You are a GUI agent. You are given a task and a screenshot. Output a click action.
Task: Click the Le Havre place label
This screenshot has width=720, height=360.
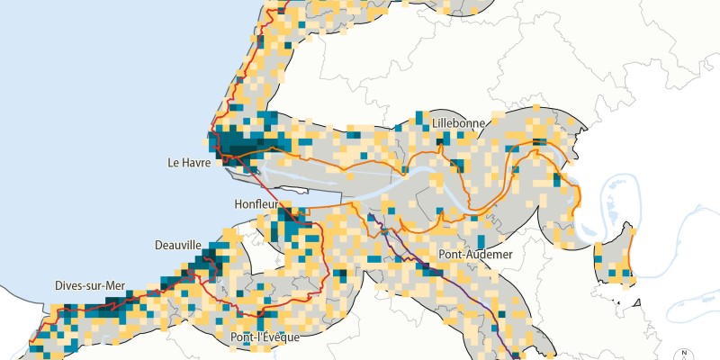click(x=189, y=163)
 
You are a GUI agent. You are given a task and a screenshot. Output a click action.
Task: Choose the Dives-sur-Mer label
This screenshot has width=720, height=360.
click(x=88, y=286)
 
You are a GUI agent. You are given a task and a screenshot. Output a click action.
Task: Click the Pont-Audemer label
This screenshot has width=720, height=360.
click(x=475, y=255)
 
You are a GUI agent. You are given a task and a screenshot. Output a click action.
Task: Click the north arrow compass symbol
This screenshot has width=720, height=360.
click(x=684, y=354)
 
